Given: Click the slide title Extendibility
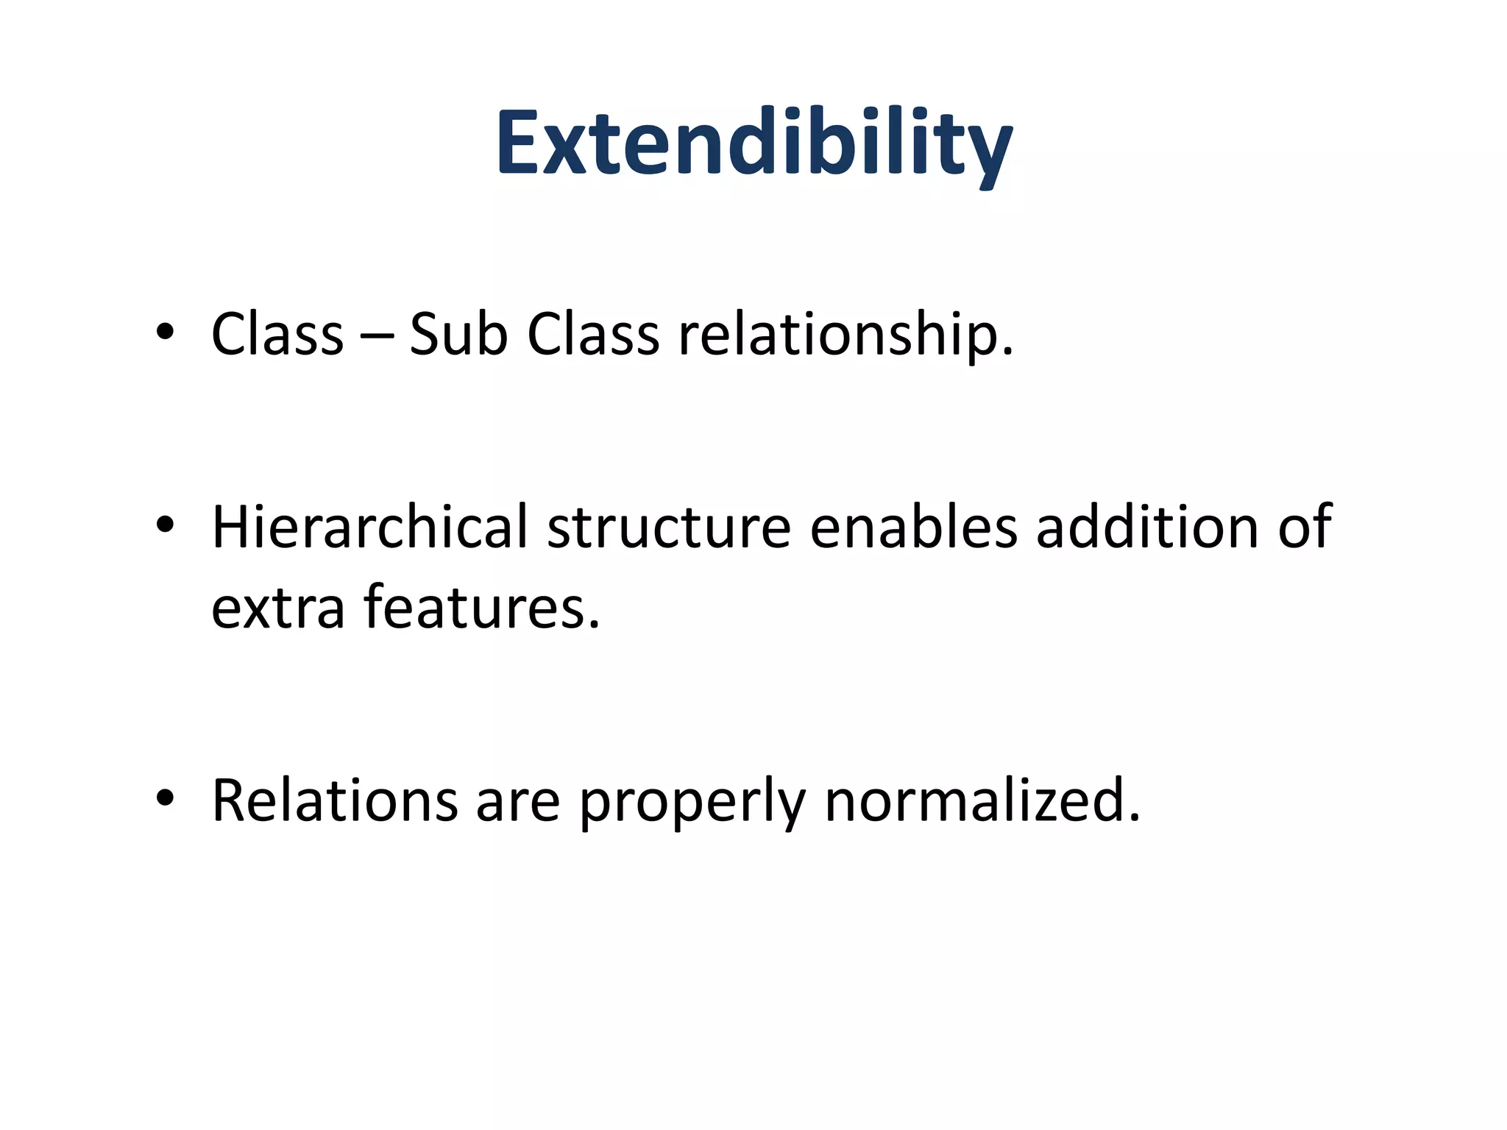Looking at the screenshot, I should (x=754, y=143).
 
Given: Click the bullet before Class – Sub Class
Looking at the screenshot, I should (x=165, y=333).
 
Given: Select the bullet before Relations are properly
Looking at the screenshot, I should (x=165, y=799).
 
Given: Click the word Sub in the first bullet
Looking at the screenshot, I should (x=458, y=335).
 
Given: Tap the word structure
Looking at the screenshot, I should (x=669, y=528).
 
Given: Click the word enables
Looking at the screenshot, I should (x=913, y=527).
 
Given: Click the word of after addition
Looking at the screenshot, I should (x=1305, y=527).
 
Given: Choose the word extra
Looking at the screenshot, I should (x=278, y=608).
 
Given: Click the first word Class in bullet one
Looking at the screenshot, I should (x=277, y=335).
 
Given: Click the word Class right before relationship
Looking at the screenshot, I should (x=593, y=335).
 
